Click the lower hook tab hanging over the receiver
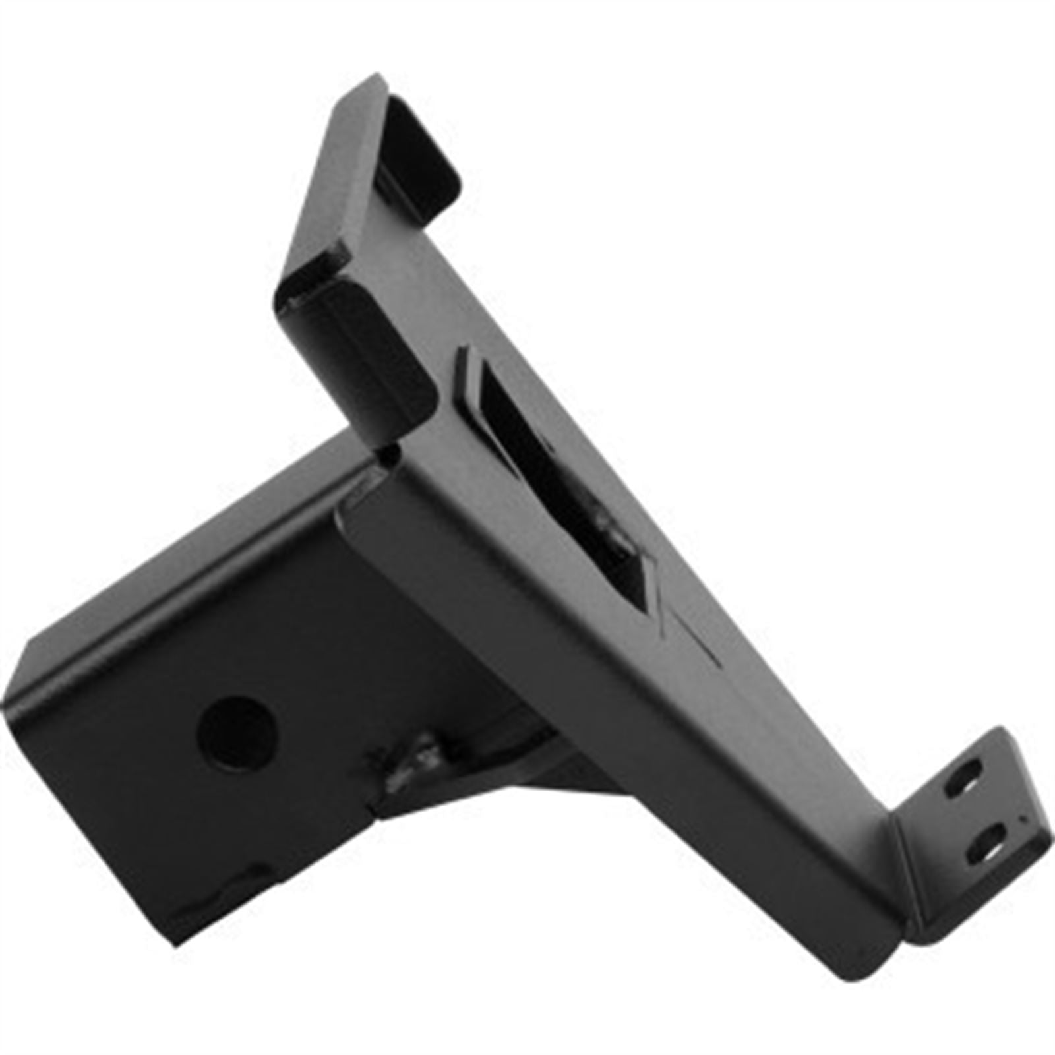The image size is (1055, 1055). click(356, 349)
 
